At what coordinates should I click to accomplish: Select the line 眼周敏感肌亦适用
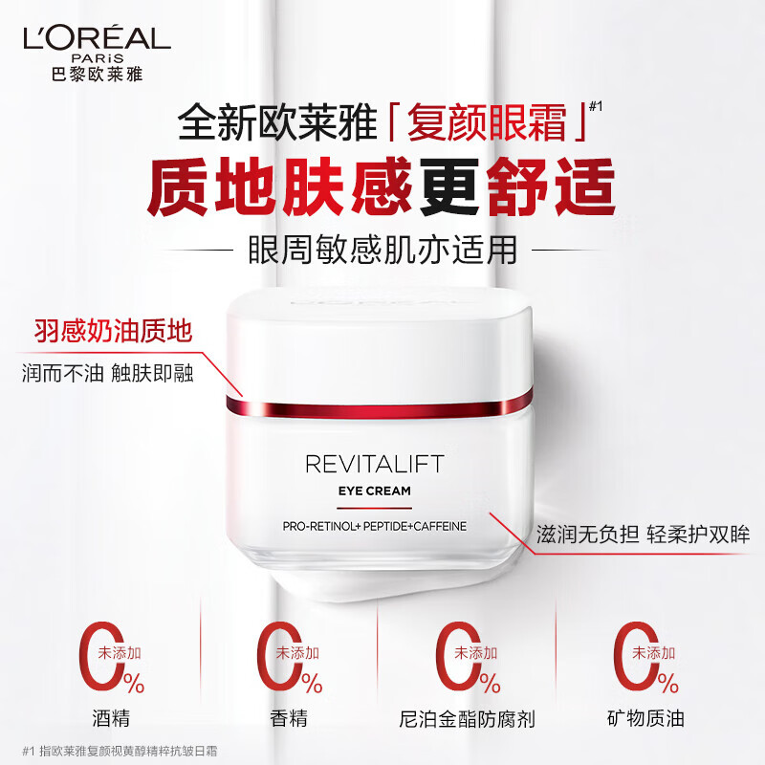[x=382, y=250]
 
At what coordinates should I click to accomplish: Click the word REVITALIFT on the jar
[x=374, y=465]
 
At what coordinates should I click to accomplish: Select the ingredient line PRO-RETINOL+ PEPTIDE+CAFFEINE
[x=374, y=527]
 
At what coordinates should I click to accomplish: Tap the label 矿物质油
[x=645, y=717]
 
